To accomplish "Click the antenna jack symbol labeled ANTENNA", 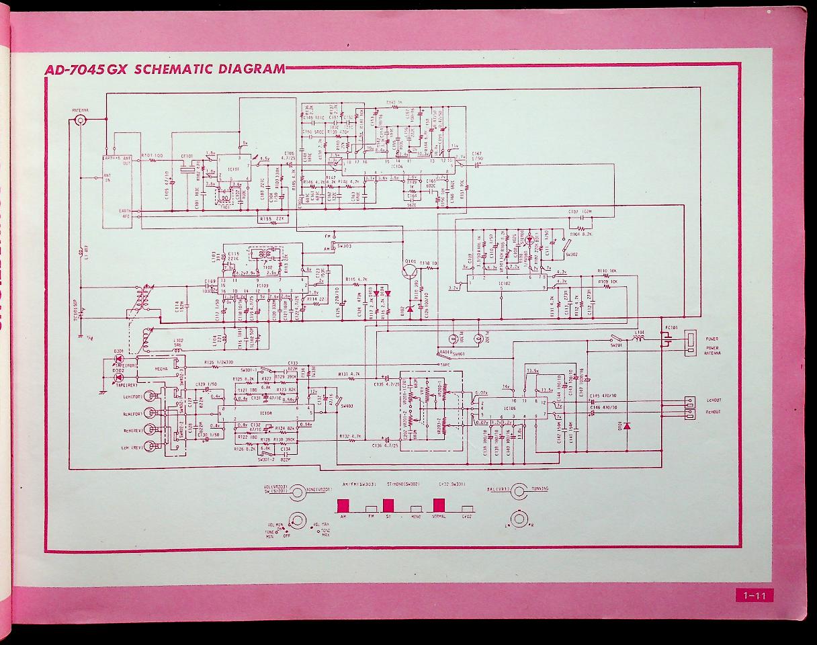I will point(81,121).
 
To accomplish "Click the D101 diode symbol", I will point(626,426).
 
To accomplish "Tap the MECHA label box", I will point(161,370).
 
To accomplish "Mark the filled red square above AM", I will point(344,505).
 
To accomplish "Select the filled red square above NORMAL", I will point(439,505).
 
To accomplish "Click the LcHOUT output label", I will point(712,400).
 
